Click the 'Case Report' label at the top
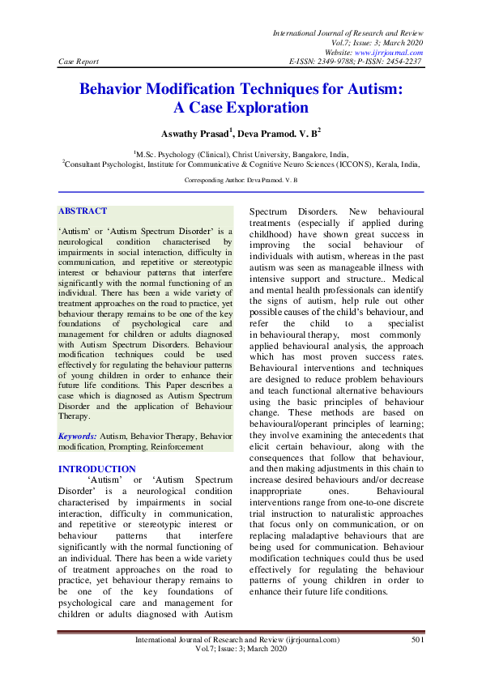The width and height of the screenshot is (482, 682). point(77,61)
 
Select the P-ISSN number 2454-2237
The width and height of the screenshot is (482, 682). point(401,61)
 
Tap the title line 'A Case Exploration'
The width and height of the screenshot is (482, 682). point(241,107)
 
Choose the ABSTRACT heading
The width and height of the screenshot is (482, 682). point(82,211)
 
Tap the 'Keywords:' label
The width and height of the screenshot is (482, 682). point(76,436)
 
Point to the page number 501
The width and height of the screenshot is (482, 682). point(417,640)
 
